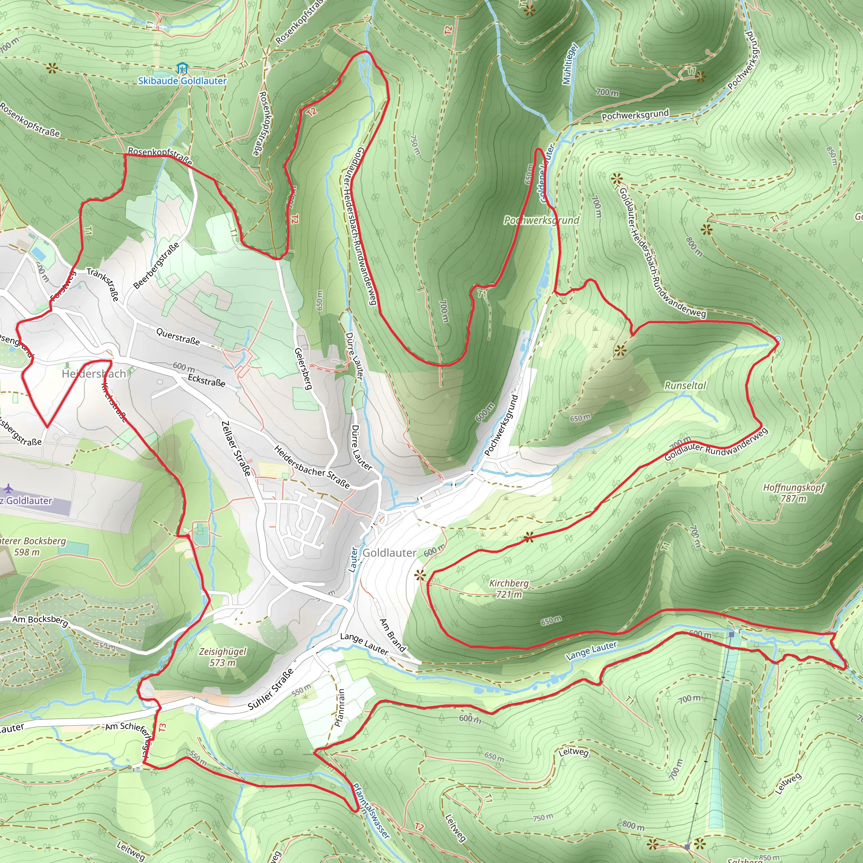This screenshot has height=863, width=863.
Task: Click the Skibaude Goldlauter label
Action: tap(182, 81)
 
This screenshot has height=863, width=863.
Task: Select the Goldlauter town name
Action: tap(389, 553)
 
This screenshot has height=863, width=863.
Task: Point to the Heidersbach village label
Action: tap(94, 374)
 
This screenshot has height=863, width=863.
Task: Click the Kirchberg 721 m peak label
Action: tap(509, 589)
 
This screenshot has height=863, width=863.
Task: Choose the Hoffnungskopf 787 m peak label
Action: tap(793, 493)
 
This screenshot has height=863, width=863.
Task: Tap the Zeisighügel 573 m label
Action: tap(222, 657)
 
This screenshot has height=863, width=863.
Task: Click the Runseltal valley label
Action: tap(685, 386)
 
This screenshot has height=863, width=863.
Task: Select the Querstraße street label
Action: tap(178, 336)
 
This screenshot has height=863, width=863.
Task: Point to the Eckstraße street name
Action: tap(206, 380)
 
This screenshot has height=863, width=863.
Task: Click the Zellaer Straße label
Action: tap(236, 448)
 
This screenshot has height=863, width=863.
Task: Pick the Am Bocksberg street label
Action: tap(40, 620)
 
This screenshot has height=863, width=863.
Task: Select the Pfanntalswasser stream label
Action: tap(371, 811)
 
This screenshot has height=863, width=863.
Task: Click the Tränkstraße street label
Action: tap(103, 284)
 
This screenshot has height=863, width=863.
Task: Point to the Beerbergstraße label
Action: tap(157, 265)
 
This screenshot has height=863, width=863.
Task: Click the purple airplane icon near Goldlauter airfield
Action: tap(8, 488)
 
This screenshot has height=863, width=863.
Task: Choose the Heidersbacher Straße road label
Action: tap(312, 467)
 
